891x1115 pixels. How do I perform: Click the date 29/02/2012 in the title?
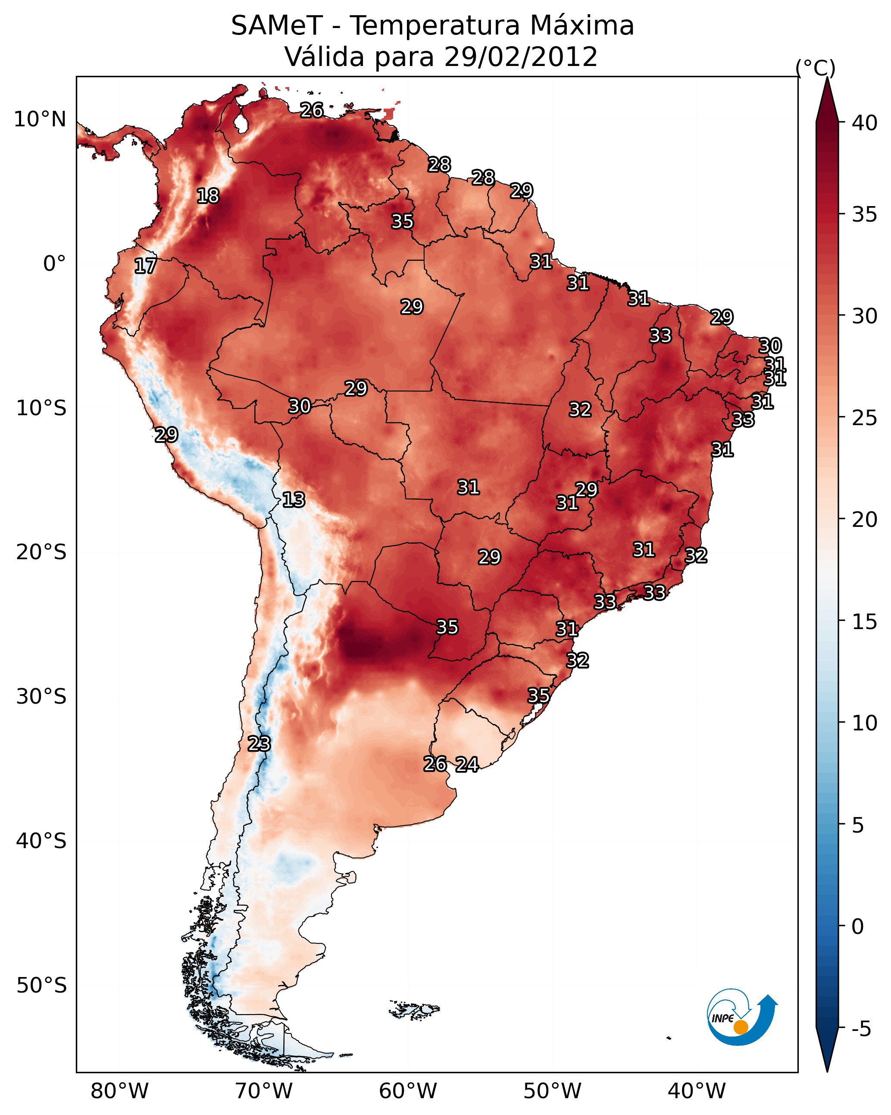(520, 57)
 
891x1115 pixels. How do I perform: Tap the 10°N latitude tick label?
(40, 119)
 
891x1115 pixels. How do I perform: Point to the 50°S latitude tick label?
(41, 986)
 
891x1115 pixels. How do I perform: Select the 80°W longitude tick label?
(119, 1092)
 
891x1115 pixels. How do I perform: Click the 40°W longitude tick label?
(697, 1092)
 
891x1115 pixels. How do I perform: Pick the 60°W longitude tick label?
(408, 1092)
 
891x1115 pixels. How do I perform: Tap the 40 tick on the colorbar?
(865, 123)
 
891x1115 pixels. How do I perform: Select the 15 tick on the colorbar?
(865, 622)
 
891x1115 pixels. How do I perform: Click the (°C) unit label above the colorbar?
(815, 68)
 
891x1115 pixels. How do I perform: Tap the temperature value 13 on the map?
(294, 500)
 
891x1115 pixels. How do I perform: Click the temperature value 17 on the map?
(145, 266)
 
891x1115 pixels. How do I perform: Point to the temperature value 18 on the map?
(208, 196)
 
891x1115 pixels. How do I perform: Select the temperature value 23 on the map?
(259, 744)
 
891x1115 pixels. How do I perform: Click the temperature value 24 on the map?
(467, 764)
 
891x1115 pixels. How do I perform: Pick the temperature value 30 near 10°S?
(300, 407)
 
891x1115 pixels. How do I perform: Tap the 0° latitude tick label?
(54, 264)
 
